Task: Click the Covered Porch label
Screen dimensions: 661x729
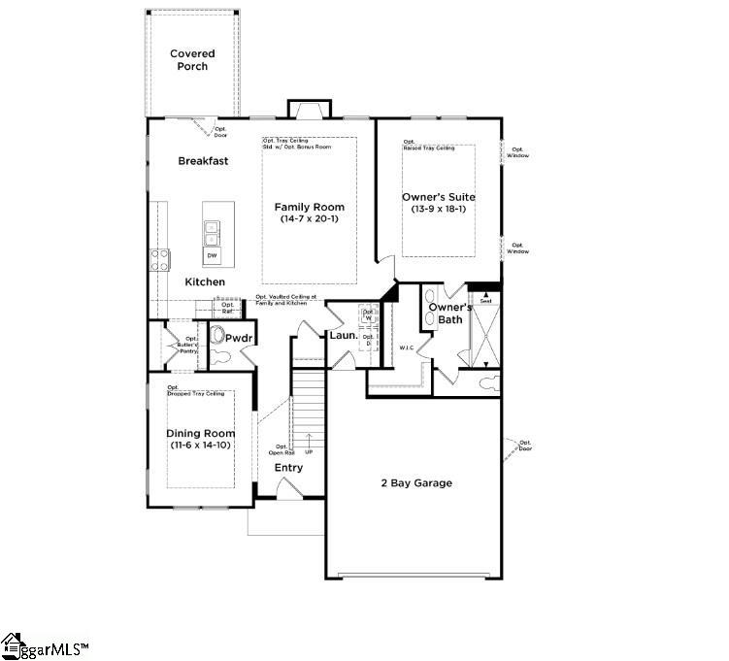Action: [x=192, y=60]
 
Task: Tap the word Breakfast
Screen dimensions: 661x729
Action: [x=203, y=161]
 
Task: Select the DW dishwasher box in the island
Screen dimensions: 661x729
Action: [x=212, y=256]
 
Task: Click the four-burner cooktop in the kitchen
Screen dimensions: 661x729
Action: [x=159, y=259]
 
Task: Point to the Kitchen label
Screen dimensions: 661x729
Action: [x=205, y=282]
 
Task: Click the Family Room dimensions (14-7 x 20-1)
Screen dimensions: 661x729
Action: [x=309, y=219]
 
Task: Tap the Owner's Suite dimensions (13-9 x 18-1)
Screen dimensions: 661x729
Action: [x=439, y=209]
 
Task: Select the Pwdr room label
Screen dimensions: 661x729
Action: [x=239, y=338]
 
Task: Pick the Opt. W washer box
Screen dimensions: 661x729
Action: [x=369, y=315]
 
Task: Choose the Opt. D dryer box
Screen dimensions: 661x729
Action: [x=369, y=341]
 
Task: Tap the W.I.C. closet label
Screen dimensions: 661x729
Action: [x=407, y=347]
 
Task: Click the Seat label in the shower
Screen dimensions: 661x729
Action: [x=484, y=301]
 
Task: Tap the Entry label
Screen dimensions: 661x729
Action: [x=288, y=468]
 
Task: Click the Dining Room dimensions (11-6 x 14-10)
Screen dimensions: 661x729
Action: [x=201, y=445]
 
